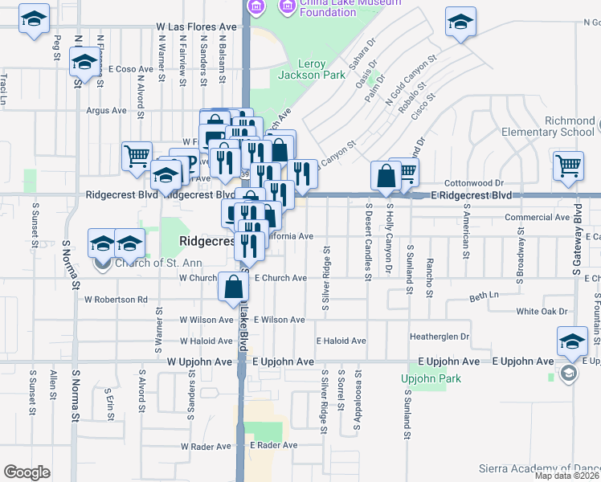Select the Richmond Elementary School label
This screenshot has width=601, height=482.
coord(558,126)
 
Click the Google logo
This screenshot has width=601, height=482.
coord(27,472)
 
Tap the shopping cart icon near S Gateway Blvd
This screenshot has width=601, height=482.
coord(568,165)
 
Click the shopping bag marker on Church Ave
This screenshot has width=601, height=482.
coord(233,287)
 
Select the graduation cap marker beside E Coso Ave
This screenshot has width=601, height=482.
coord(84,61)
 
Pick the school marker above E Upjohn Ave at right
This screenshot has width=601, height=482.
coord(572,341)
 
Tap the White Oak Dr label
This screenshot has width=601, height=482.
coord(542,311)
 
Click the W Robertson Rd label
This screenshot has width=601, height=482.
coord(116,300)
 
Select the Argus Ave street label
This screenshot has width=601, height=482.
coord(107,111)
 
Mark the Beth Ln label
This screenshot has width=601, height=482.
coord(484,296)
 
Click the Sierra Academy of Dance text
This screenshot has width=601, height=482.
coord(538,468)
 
